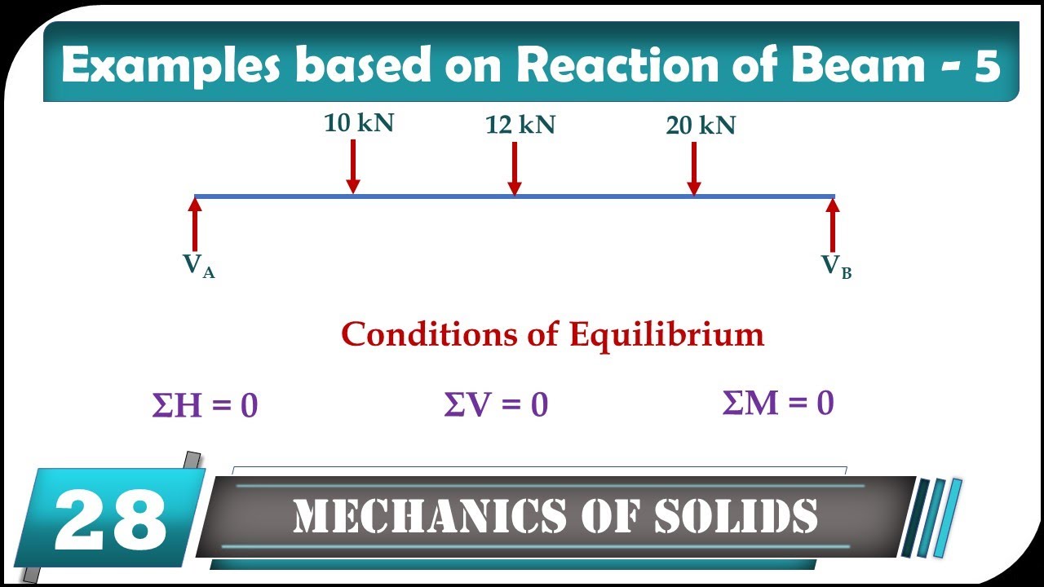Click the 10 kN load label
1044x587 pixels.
tap(358, 123)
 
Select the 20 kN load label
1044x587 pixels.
tap(701, 126)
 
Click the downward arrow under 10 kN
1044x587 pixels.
tap(352, 166)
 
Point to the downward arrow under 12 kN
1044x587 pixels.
tap(514, 169)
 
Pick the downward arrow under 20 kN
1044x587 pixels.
tap(693, 169)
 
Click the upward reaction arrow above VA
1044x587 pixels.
tap(195, 224)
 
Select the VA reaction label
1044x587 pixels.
tap(198, 266)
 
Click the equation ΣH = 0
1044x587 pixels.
tap(205, 406)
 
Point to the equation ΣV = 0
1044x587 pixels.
tap(496, 404)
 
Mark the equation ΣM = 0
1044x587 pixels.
tap(778, 403)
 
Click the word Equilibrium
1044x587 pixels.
tap(666, 334)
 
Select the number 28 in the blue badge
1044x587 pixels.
tap(110, 519)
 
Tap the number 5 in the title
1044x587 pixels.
tap(988, 65)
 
